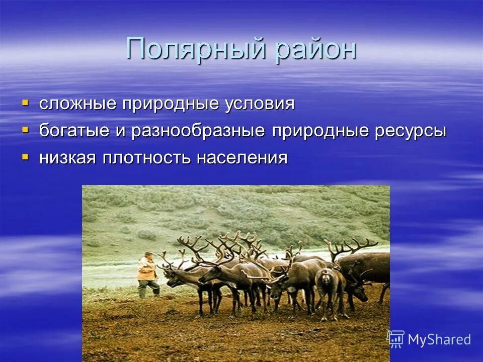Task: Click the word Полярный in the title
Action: (x=197, y=49)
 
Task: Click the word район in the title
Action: (x=315, y=49)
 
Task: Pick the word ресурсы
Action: (x=411, y=131)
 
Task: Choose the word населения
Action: (x=242, y=158)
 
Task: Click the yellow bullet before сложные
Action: (x=25, y=103)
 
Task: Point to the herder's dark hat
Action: (x=148, y=254)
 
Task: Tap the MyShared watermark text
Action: (x=439, y=339)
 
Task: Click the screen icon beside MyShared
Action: (x=396, y=339)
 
